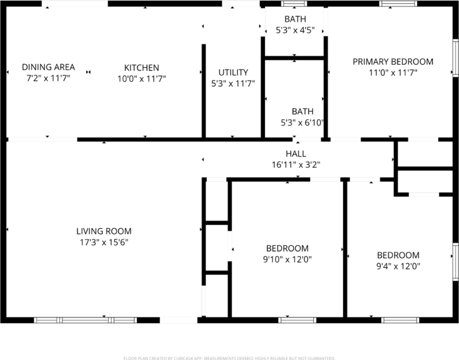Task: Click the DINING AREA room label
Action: [x=48, y=67]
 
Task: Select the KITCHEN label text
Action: [x=141, y=68]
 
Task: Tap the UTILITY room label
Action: [x=233, y=72]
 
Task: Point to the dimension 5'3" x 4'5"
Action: [x=295, y=30]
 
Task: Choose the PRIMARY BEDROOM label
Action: [x=393, y=61]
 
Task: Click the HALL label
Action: [x=296, y=153]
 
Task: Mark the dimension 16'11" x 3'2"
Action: [x=296, y=165]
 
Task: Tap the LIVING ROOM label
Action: [x=104, y=231]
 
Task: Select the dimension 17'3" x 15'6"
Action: [x=104, y=242]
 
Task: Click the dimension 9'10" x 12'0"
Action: [x=287, y=259]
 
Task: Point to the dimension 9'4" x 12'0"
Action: [x=398, y=266]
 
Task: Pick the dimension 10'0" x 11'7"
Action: [x=141, y=79]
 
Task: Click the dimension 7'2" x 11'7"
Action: [x=48, y=79]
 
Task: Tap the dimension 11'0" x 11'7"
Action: [x=393, y=72]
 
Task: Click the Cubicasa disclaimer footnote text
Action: [x=229, y=358]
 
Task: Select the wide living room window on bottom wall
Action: [x=85, y=320]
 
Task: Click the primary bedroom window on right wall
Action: [x=455, y=58]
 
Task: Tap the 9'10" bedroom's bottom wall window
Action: [x=297, y=320]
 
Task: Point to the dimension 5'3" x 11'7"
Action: [x=233, y=83]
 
